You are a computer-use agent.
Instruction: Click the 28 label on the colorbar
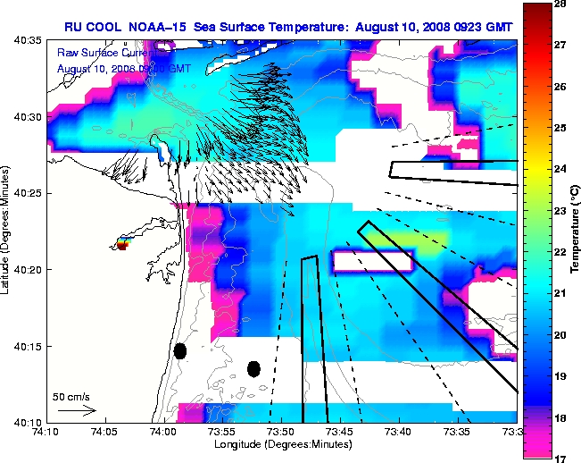[x=560, y=4]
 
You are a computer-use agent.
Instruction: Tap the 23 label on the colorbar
[x=560, y=211]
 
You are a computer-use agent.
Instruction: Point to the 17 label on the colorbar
[x=560, y=458]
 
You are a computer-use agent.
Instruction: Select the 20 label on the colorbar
[x=560, y=334]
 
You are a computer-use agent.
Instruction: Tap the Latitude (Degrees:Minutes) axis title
[x=8, y=231]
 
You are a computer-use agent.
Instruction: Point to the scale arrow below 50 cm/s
[x=77, y=410]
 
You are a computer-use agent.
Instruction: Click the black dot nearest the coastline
[x=179, y=351]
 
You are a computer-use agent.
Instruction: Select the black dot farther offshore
[x=253, y=368]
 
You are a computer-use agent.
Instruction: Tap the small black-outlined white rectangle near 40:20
[x=373, y=261]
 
